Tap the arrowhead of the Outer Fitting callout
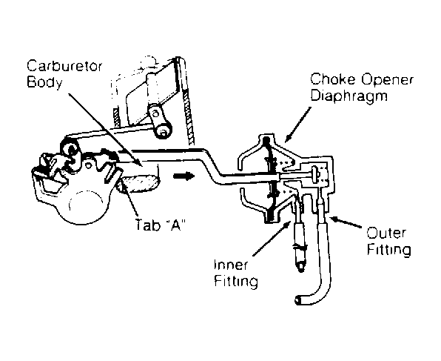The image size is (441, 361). (331, 216)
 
